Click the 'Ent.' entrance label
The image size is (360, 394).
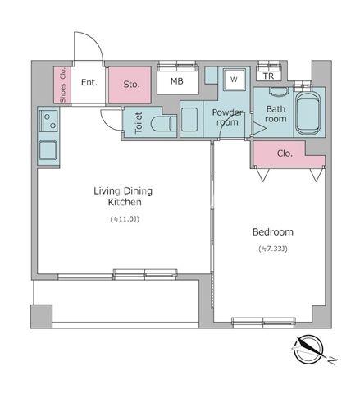(89, 82)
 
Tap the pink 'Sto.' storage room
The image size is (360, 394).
(131, 84)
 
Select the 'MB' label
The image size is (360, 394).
(176, 81)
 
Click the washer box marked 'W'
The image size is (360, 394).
(233, 80)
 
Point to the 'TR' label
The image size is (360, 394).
(268, 76)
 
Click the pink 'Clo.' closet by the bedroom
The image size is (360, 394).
(285, 153)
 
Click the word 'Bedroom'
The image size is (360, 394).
(274, 232)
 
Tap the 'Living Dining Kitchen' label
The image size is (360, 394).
(123, 196)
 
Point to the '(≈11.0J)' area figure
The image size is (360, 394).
(123, 219)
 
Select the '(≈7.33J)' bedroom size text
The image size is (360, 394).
(274, 249)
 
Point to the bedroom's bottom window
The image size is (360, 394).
(257, 320)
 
